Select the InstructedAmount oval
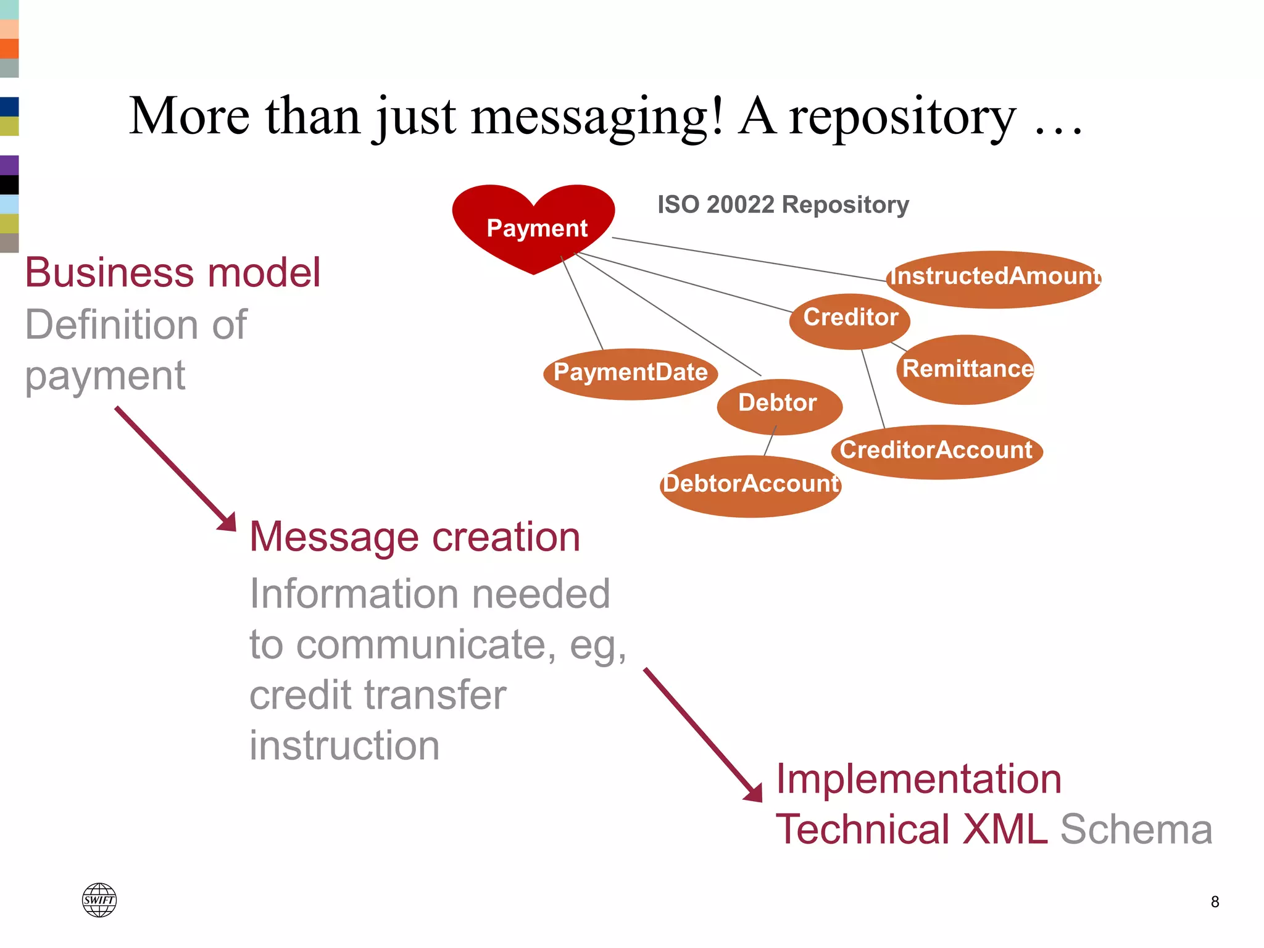pos(994,279)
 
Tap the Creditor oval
pos(850,320)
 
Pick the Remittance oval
pos(965,370)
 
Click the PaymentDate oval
pos(630,374)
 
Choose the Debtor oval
pos(779,406)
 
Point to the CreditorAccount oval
pos(936,452)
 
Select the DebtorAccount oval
pos(750,486)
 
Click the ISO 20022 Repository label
pos(783,205)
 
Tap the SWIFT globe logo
pos(99,900)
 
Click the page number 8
pos(1215,902)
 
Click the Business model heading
pos(173,273)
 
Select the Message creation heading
pos(415,537)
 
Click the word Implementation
pos(918,779)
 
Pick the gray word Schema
pos(1136,829)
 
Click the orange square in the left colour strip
pos(9,48)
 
